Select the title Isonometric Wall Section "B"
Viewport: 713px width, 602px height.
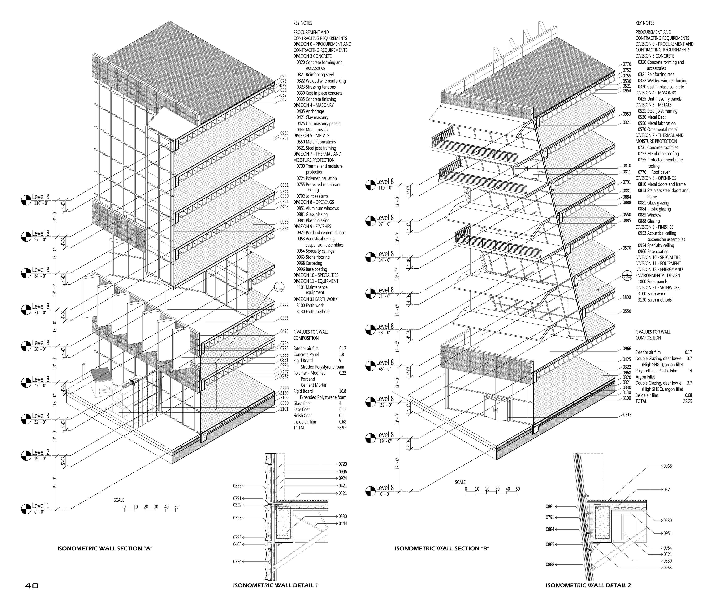click(x=442, y=548)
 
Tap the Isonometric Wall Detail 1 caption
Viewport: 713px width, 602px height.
click(x=275, y=585)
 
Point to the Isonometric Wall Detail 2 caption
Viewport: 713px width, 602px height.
click(x=588, y=585)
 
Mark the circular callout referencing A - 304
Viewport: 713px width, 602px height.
click(x=627, y=275)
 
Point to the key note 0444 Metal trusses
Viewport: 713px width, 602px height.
click(x=312, y=130)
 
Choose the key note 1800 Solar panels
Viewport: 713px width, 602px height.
click(x=653, y=282)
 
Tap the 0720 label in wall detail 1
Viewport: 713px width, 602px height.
click(x=342, y=464)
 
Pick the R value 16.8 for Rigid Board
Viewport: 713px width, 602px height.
click(x=342, y=391)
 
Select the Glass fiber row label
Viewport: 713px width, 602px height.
click(x=302, y=403)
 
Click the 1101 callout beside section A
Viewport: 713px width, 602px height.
click(x=284, y=409)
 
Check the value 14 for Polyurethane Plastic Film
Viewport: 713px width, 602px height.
click(x=690, y=371)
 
